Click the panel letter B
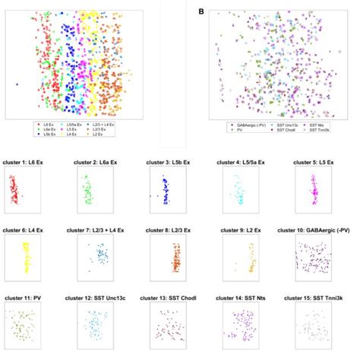[x=201, y=12]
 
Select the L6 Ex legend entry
[x=47, y=124]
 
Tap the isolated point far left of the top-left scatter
[x=16, y=84]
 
